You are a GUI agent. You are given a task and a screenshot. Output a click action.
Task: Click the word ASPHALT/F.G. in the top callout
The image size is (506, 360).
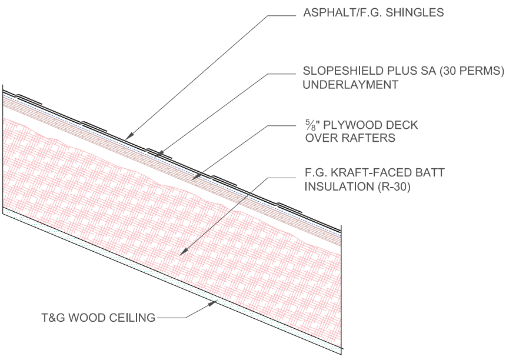tap(332, 13)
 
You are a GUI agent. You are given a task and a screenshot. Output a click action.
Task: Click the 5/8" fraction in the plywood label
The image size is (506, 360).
tap(307, 126)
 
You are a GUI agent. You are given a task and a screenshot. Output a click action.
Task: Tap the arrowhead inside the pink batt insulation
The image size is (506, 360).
tap(183, 252)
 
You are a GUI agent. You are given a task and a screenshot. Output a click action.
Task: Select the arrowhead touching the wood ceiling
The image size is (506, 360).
tap(214, 303)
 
